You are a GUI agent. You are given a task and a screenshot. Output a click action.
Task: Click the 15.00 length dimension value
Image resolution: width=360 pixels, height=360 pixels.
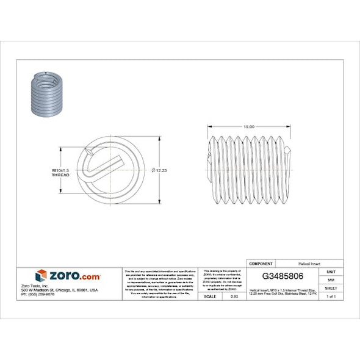click(249, 126)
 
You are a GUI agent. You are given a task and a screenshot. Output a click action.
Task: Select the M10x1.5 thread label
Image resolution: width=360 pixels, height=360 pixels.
click(60, 169)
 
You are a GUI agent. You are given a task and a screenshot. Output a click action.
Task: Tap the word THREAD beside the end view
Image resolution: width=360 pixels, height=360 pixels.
click(60, 175)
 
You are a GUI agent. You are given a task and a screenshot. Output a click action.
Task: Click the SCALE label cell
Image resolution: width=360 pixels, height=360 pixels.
click(209, 296)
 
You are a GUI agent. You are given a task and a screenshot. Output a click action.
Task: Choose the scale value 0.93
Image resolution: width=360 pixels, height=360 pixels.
click(233, 296)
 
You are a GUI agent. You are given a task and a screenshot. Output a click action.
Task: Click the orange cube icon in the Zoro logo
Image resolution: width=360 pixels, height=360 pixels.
click(41, 276)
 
